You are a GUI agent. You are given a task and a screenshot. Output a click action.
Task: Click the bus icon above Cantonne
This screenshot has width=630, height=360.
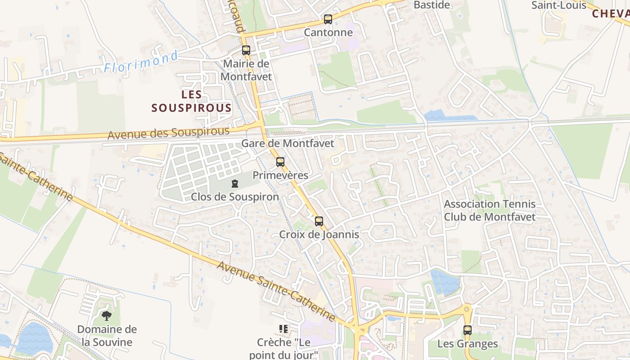point(328,19)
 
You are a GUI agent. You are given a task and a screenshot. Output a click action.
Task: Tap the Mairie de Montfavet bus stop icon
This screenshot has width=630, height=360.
point(246,50)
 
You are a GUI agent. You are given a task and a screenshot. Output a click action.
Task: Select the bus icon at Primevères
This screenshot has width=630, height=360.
point(280,162)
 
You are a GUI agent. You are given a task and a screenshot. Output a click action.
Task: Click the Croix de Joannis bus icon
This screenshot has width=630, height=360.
point(319,221)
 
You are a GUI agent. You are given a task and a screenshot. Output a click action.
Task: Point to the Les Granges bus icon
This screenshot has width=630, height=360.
point(468,330)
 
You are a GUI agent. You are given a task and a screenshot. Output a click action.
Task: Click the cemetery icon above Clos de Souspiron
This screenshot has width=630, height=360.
point(234,184)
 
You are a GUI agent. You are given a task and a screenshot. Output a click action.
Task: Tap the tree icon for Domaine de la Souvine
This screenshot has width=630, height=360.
point(107,316)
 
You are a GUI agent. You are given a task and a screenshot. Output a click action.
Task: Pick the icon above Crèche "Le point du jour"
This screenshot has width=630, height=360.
point(283,329)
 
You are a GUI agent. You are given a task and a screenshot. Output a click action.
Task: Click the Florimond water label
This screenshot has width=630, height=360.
point(141,62)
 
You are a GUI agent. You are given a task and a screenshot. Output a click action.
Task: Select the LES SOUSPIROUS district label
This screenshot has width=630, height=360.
point(192,101)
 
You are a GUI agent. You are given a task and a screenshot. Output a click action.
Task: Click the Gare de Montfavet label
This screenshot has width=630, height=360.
point(288,144)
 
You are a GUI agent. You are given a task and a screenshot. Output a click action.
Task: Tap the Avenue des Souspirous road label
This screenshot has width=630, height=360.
point(168,133)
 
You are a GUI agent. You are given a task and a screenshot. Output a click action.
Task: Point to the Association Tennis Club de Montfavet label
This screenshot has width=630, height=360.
point(490,211)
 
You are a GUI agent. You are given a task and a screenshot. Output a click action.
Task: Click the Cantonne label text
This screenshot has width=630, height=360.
point(328,32)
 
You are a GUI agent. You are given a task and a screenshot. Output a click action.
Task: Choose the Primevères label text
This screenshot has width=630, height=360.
point(280,175)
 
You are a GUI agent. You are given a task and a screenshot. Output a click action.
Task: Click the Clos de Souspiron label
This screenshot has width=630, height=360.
point(235,197)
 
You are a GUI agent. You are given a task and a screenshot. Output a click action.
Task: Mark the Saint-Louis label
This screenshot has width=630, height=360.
point(559,5)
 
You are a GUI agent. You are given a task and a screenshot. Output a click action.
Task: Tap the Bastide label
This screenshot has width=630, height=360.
point(432,5)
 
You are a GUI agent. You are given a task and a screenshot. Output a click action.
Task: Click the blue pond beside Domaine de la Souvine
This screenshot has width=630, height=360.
point(34,337)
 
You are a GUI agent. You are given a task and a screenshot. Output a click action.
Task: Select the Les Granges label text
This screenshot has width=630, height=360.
point(468,344)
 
